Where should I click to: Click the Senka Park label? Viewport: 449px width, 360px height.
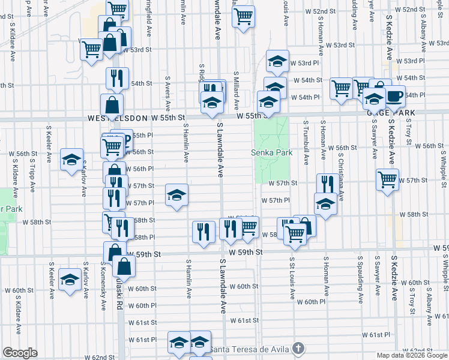(x=272, y=152)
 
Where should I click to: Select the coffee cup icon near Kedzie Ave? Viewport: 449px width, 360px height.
(x=395, y=95)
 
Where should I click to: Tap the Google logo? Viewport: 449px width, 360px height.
(x=20, y=353)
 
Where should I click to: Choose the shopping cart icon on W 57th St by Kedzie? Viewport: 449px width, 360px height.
(x=387, y=179)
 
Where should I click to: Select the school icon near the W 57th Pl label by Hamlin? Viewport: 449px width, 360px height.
(x=176, y=194)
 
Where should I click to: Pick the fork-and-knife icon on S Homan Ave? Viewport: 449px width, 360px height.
(x=327, y=182)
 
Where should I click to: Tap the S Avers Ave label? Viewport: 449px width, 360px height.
(x=167, y=94)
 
